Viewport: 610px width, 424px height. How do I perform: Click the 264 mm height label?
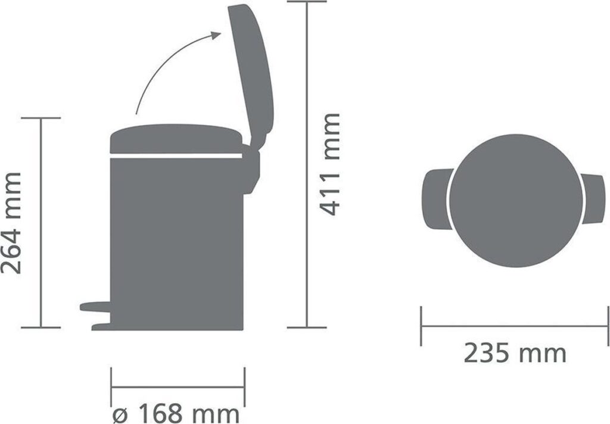coord(13,222)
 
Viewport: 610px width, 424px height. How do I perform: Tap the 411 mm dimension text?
coord(329,163)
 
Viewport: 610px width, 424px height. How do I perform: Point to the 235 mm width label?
coord(515,354)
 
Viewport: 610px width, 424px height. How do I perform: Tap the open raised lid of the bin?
coord(251,71)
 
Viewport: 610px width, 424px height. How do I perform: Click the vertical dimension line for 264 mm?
coord(41,222)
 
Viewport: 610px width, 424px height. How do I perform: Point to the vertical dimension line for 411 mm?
coord(307,163)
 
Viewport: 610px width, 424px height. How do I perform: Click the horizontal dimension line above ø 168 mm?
coord(178,386)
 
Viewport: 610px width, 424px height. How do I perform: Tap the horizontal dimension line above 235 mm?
coord(515,326)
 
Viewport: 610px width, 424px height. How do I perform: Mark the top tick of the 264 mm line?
coord(41,118)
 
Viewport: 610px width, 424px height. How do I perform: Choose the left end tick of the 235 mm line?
coord(421,326)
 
